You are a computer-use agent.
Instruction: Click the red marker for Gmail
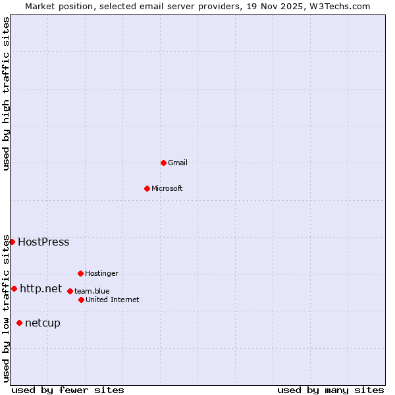163,163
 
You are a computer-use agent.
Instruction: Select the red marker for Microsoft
147,188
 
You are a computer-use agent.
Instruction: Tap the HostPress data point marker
12,242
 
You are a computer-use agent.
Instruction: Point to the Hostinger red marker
80,273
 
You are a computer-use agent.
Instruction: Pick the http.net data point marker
14,288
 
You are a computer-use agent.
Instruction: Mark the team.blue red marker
70,291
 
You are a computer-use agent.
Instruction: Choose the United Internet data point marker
81,300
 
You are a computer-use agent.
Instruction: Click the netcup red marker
19,323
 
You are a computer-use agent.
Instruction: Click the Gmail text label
178,163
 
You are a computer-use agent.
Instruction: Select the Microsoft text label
167,188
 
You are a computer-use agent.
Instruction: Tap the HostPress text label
43,242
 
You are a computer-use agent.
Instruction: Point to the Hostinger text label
101,273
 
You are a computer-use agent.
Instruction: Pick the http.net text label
41,288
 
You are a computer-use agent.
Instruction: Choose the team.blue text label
92,291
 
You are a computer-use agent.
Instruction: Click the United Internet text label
113,300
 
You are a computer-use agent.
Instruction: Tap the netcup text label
43,323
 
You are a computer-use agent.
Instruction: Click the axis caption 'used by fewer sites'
68,390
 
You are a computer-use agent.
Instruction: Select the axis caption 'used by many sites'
330,390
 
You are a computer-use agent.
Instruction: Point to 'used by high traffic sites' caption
6,93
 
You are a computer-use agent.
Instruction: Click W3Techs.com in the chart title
340,6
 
